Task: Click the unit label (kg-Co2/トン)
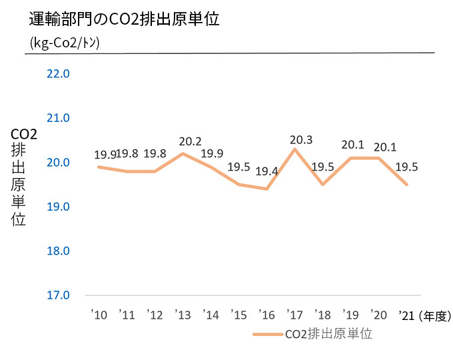coord(65,43)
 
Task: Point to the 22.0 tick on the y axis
coord(59,73)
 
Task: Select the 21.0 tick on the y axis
coord(59,118)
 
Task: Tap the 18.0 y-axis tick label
coord(59,251)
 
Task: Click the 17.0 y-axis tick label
coord(59,295)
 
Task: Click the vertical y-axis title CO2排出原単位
coord(19,177)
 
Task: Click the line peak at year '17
coord(294,149)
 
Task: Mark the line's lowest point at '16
coord(266,189)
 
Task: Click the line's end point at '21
coord(406,184)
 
